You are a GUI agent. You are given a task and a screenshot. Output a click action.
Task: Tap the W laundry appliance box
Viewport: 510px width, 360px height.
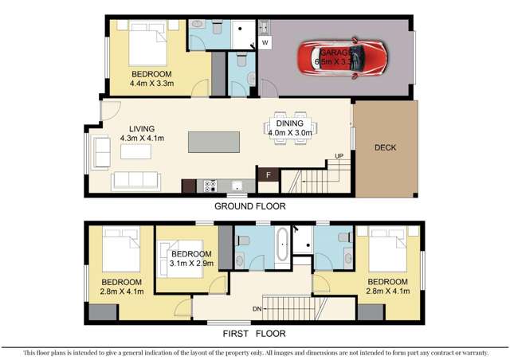tap(265, 41)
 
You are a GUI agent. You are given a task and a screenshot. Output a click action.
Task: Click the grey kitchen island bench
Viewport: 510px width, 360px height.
tap(212, 142)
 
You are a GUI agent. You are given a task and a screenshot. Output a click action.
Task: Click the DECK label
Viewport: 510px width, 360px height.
tap(384, 147)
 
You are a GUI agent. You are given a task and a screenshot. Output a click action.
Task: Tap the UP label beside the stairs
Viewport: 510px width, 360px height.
tap(339, 155)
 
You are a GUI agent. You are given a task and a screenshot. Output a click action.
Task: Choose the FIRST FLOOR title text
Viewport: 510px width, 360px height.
tap(256, 334)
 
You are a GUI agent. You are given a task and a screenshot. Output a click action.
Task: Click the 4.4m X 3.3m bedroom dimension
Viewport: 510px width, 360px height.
tap(152, 82)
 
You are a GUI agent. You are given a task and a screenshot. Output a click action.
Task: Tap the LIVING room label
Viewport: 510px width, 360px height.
tap(137, 128)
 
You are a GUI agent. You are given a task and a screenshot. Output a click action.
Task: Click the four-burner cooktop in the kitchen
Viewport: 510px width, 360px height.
tap(212, 186)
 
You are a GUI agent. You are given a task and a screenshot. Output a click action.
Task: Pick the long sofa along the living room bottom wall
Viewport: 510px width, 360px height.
tap(136, 181)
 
